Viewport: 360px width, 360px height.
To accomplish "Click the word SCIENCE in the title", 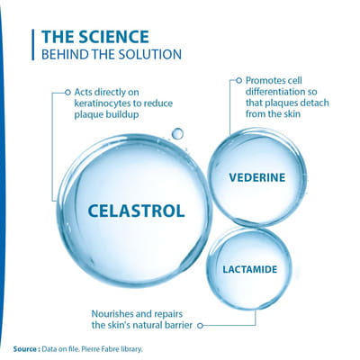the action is (x=113, y=37).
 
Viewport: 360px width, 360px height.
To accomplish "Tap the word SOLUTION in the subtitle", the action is (x=150, y=54).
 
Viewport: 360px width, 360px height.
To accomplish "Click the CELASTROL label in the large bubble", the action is (x=136, y=211).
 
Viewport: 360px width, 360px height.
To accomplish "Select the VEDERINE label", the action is (x=257, y=177).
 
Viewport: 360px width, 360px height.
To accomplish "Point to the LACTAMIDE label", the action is (x=250, y=269).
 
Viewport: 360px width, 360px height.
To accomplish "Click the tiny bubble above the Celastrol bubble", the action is (x=177, y=133).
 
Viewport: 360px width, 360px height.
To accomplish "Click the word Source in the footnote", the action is (x=25, y=349).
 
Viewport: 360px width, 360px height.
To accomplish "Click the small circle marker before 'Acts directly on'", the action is (x=67, y=93).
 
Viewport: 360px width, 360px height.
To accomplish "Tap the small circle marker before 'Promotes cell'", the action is (x=239, y=80).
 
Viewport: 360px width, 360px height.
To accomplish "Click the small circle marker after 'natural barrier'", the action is (x=201, y=325).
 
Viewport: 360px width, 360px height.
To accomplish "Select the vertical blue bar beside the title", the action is (x=33, y=45).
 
